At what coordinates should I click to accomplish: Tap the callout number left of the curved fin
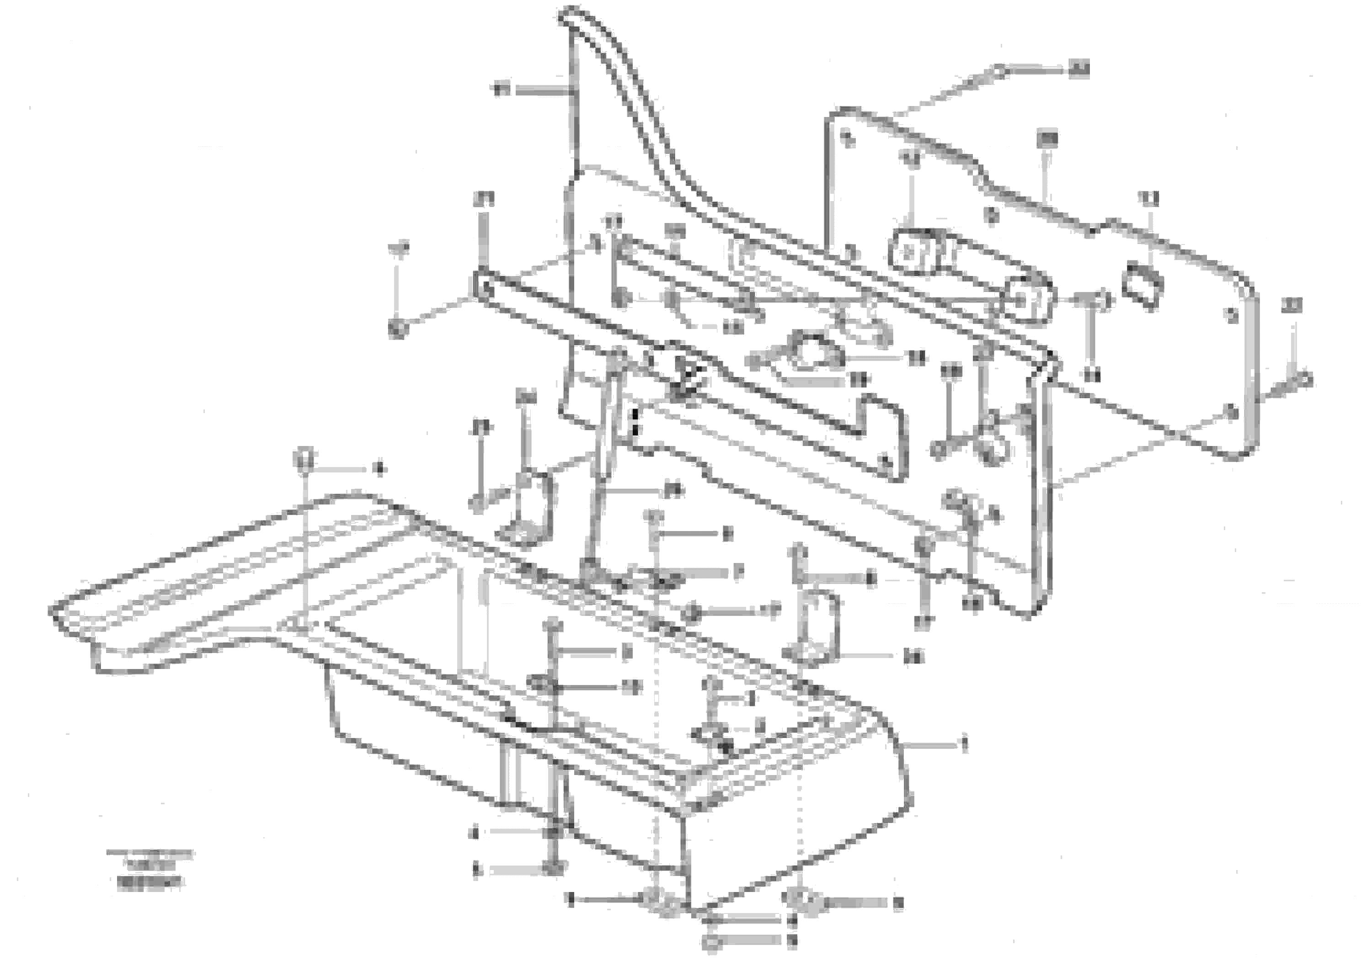tap(502, 90)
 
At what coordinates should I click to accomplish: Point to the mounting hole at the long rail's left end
tap(486, 288)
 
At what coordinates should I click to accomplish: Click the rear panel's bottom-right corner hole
tap(1230, 410)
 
